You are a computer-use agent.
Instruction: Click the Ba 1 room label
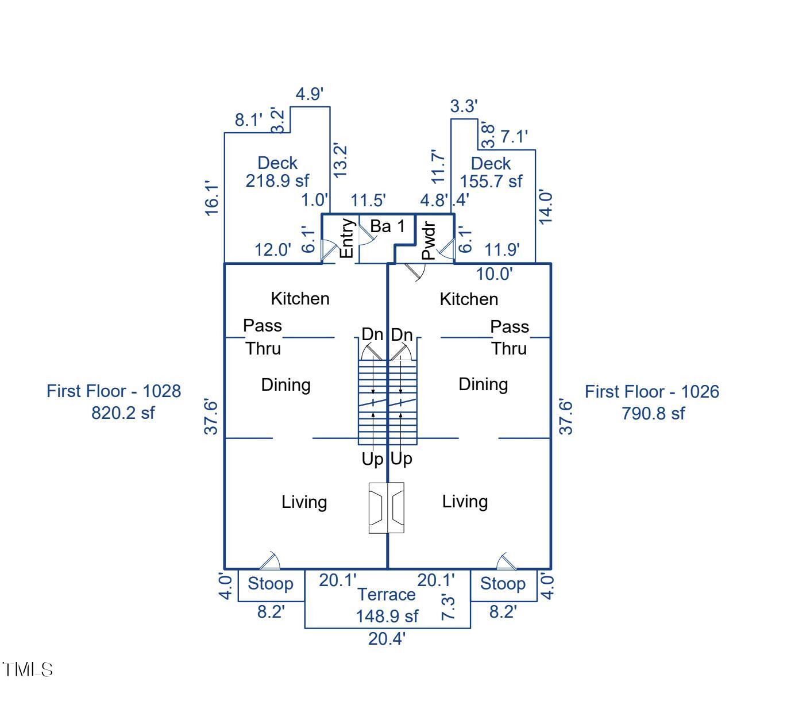[x=387, y=226]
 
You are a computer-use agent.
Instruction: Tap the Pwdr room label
[x=429, y=241]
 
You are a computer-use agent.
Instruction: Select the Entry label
[x=346, y=238]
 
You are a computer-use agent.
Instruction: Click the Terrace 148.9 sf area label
[x=387, y=605]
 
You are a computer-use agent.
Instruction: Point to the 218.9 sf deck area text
[x=277, y=180]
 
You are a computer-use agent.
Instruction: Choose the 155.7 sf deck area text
[x=491, y=181]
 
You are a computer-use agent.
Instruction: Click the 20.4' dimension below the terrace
[x=387, y=638]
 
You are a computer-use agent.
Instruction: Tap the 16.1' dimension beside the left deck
[x=212, y=198]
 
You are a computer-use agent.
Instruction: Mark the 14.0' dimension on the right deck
[x=545, y=207]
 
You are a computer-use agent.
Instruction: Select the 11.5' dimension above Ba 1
[x=368, y=201]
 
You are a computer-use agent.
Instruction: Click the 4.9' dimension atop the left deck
[x=310, y=94]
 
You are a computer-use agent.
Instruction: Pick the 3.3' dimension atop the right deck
[x=464, y=106]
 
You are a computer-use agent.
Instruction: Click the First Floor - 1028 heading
[x=114, y=391]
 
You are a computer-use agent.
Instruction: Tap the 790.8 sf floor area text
[x=653, y=413]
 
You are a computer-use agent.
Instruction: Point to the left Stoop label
[x=270, y=584]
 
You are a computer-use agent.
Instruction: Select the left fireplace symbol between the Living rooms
[x=377, y=507]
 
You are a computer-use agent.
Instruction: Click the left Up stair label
[x=372, y=459]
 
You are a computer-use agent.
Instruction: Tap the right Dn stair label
[x=402, y=334]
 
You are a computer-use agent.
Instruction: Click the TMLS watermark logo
[x=28, y=669]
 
